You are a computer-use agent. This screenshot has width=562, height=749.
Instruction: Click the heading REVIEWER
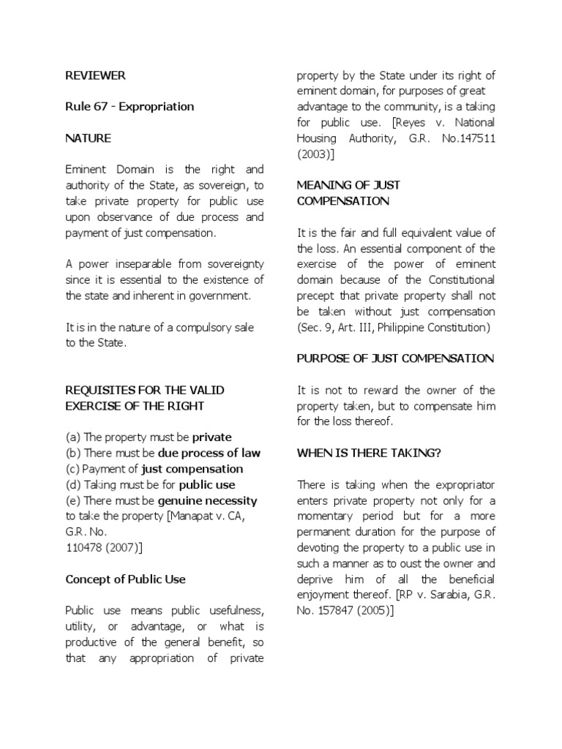coord(95,75)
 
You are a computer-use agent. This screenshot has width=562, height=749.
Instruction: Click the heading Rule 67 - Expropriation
coord(130,107)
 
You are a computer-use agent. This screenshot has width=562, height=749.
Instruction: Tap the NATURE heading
coord(88,138)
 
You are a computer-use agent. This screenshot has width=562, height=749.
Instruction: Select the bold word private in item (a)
coord(211,437)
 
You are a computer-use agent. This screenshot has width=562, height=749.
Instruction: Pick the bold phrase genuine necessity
coord(218,501)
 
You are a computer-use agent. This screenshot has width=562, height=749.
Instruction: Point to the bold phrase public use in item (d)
coord(207,485)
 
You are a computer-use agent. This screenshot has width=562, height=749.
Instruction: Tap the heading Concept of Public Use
coord(125,579)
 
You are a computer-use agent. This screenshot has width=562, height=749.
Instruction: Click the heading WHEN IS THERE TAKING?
coord(369,453)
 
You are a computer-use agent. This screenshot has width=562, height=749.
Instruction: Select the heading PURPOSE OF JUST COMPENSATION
coord(395,358)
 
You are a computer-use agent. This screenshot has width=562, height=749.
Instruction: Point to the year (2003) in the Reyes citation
coord(312,154)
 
